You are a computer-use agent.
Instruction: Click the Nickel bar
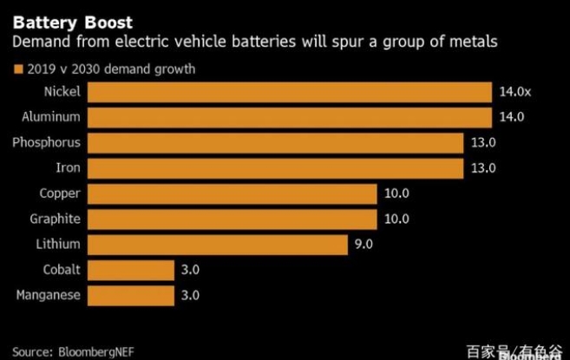290,92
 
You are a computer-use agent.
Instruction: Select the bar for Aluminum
290,117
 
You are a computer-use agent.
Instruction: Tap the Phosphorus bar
276,142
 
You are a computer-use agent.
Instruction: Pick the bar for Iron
276,167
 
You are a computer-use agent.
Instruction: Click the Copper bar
233,193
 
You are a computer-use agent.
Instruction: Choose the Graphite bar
233,219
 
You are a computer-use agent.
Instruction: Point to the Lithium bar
218,244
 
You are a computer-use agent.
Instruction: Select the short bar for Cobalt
131,270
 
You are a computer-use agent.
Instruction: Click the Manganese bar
131,295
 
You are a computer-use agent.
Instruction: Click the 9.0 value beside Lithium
364,245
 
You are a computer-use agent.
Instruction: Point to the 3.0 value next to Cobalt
190,270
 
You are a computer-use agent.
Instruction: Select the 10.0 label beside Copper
396,193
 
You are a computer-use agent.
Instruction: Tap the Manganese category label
48,295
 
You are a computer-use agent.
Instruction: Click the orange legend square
17,69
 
